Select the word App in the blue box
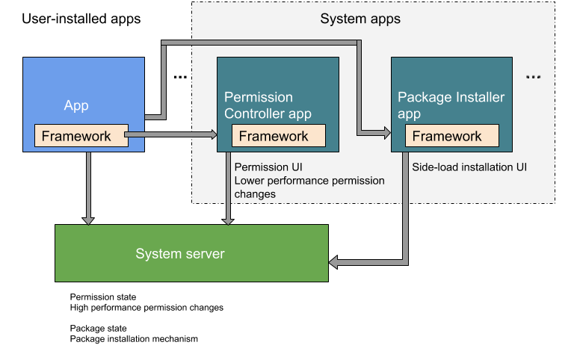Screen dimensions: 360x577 [x=76, y=105]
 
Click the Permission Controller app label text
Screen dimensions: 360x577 [x=268, y=105]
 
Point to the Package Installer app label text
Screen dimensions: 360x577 [x=451, y=105]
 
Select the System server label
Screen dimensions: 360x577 [x=179, y=254]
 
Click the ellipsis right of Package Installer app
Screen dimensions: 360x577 [x=533, y=78]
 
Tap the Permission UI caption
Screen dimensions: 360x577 [x=268, y=167]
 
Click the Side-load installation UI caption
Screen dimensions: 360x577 [x=469, y=167]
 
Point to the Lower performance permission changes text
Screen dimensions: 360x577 [x=309, y=187]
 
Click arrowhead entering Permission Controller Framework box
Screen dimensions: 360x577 [x=213, y=135]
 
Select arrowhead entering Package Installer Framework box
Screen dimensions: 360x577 [x=386, y=134]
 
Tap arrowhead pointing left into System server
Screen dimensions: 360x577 [x=334, y=262]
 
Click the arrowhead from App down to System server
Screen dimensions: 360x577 [x=88, y=220]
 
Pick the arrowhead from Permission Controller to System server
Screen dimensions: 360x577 [x=227, y=220]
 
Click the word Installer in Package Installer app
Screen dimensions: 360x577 [x=477, y=97]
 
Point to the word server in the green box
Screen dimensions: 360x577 [x=205, y=254]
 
